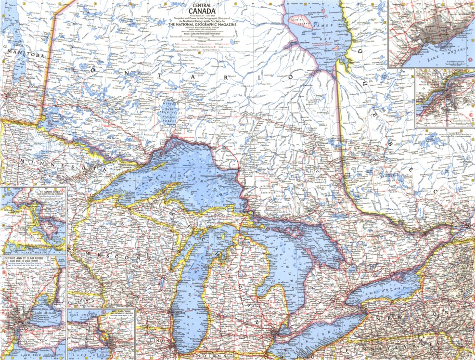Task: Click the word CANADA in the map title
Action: (x=202, y=11)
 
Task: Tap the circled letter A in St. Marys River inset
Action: (x=61, y=191)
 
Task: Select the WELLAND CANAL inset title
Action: (x=118, y=312)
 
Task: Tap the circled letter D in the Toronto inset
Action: (x=469, y=61)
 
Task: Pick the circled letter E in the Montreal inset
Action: (x=469, y=115)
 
